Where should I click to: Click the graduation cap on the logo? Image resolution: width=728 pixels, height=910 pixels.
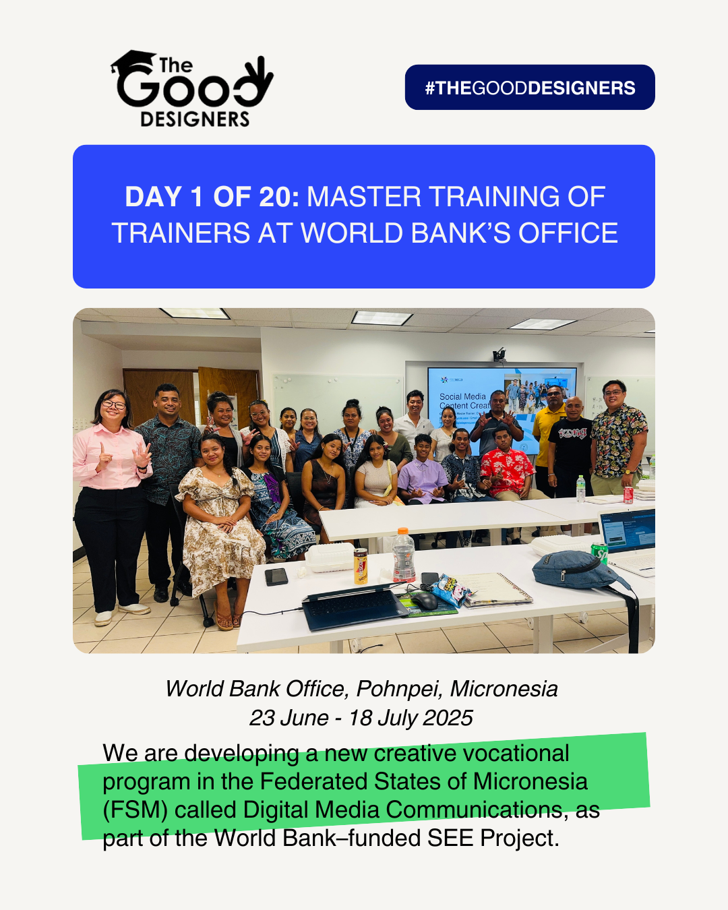coord(133,62)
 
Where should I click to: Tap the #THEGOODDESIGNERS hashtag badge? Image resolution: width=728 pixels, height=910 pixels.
coord(530,87)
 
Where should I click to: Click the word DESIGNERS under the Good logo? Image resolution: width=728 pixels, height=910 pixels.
coord(195,119)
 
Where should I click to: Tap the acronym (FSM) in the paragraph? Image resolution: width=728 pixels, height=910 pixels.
coord(135,810)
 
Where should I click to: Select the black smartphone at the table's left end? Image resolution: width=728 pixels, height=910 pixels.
coord(276,577)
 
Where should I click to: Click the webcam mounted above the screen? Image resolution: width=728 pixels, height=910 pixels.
coord(499,354)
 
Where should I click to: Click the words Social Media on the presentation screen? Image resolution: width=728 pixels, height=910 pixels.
coord(462,396)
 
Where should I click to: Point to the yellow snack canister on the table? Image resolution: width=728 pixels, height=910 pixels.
coord(361,566)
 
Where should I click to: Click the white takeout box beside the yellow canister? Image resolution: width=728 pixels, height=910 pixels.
coord(330,557)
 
